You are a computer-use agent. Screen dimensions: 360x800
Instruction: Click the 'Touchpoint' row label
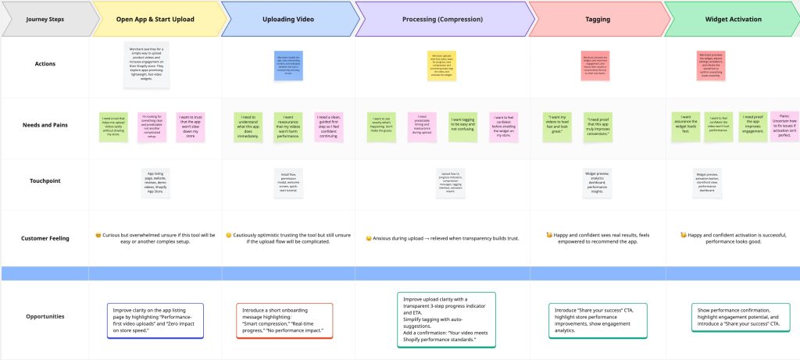pyautogui.click(x=44, y=180)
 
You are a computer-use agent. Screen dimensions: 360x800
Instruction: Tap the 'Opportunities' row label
pyautogui.click(x=44, y=317)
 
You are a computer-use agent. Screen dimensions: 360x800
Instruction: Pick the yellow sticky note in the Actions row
pyautogui.click(x=441, y=65)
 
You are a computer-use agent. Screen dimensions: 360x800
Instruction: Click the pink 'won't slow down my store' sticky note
pyautogui.click(x=191, y=127)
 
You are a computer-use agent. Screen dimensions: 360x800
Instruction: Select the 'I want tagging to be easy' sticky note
pyautogui.click(x=462, y=126)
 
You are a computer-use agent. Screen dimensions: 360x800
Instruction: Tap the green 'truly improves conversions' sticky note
pyautogui.click(x=599, y=127)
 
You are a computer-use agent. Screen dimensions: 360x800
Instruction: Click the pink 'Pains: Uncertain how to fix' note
pyautogui.click(x=783, y=127)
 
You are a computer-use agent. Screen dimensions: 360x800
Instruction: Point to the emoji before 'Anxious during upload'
pyautogui.click(x=368, y=239)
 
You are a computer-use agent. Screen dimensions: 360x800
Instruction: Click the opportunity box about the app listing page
pyautogui.click(x=156, y=320)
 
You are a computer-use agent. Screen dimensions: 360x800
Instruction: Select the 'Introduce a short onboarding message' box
pyautogui.click(x=284, y=320)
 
